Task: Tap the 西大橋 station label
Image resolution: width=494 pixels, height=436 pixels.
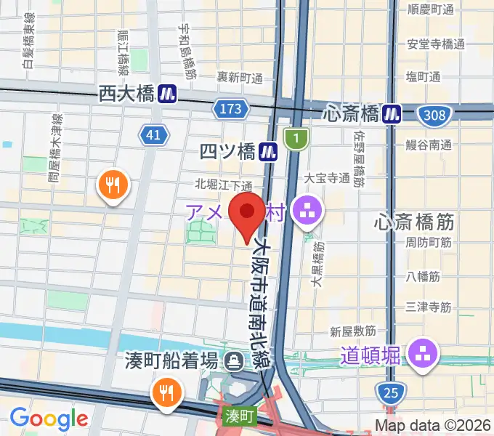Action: click(126, 93)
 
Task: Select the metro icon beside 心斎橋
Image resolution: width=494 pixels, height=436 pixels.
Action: click(393, 113)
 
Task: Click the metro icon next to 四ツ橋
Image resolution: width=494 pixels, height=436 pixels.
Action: click(269, 151)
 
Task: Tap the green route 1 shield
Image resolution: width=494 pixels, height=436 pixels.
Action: click(296, 137)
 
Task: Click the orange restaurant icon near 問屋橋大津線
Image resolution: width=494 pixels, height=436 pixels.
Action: click(113, 185)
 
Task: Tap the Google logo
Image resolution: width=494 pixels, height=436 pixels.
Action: click(49, 418)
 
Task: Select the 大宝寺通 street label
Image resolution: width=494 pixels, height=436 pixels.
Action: click(327, 177)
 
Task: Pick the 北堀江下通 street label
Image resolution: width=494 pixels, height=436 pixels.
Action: click(224, 185)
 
